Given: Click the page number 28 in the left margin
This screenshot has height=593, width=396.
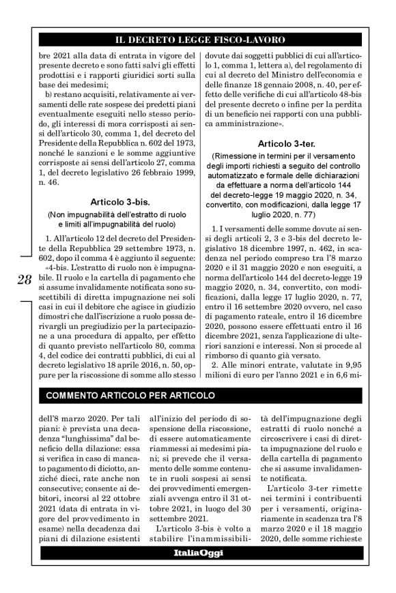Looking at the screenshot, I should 23,280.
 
